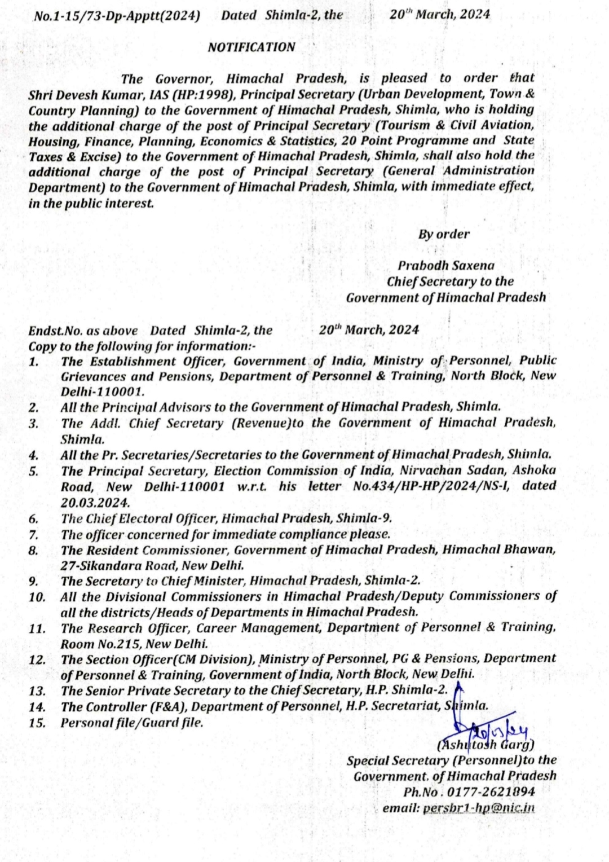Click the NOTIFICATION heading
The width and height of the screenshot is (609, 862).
[251, 47]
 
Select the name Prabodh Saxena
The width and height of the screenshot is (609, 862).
[445, 265]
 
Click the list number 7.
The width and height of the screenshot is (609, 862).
[33, 534]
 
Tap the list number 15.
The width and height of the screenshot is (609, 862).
[37, 722]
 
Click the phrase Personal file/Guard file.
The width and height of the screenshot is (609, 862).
[132, 722]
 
